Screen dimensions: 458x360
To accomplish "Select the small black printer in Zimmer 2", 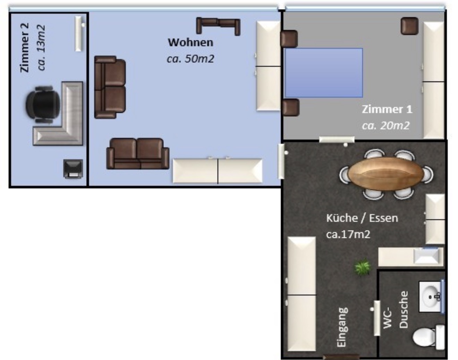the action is point(73,169).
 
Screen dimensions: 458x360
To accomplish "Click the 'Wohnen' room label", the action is point(190,42).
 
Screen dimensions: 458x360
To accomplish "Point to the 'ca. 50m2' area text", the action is point(190,59).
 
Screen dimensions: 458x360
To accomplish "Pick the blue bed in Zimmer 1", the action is point(324,73).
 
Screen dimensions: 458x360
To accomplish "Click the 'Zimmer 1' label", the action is point(387,109).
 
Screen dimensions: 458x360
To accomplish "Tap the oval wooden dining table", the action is point(386,174).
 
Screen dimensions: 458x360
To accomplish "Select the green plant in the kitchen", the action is point(362,267).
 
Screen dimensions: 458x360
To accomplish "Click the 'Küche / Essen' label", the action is point(362,218).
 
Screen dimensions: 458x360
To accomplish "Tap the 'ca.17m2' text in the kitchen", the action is point(348,234).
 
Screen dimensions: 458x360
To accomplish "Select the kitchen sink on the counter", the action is point(426,256).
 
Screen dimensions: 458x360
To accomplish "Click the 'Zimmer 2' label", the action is point(24,48).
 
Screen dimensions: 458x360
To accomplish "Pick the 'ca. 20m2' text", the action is point(386,126).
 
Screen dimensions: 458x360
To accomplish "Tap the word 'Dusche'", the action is point(404,310).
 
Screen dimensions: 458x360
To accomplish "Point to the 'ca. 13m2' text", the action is point(41,48).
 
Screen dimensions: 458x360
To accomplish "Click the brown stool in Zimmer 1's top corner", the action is point(409,26).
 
